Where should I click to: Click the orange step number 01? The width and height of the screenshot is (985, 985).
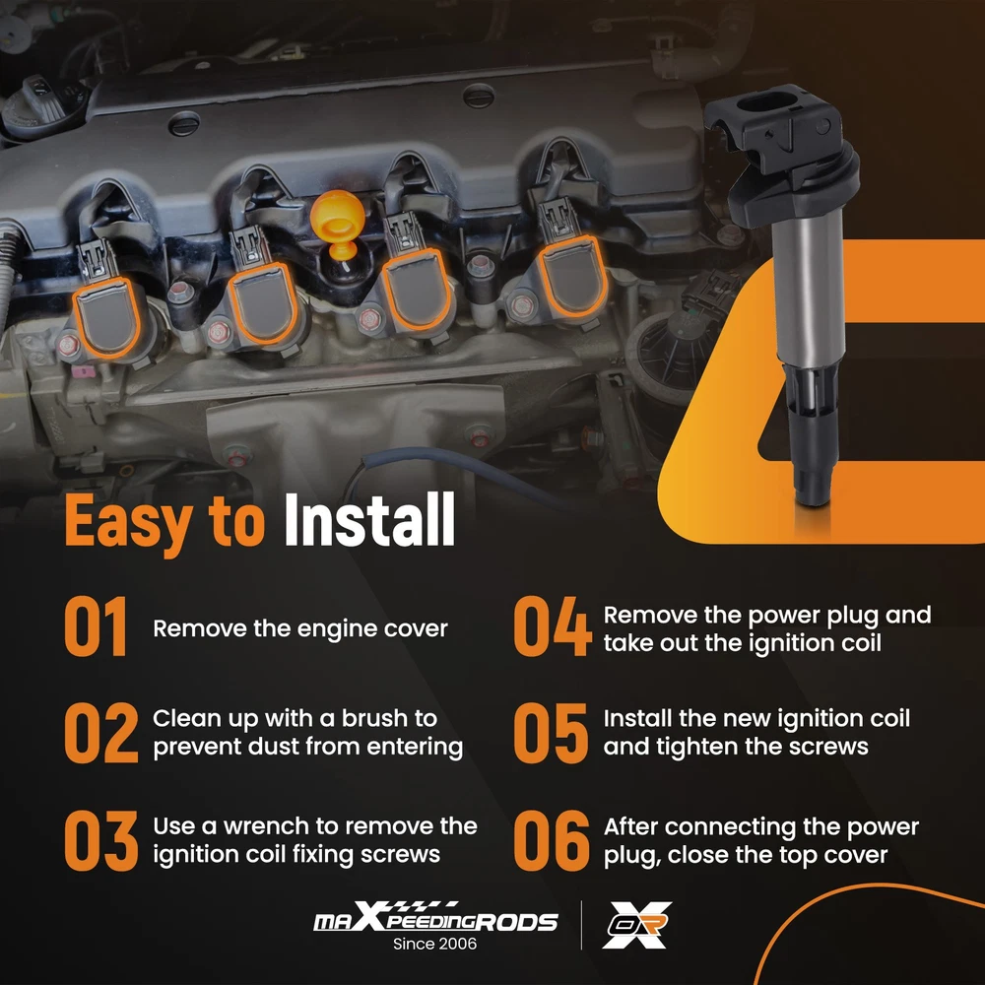tap(97, 626)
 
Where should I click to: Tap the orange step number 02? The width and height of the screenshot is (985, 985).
tap(101, 733)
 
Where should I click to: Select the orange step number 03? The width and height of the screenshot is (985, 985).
tap(101, 840)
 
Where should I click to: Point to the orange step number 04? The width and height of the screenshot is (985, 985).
tap(553, 626)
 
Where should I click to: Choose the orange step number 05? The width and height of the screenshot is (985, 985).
tap(551, 733)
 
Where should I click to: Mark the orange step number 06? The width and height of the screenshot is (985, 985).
tap(552, 840)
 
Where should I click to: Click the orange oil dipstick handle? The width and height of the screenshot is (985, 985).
tap(338, 223)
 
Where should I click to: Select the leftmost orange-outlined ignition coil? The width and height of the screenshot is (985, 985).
tap(105, 317)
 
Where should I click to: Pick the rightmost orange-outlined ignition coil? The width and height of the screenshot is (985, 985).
tap(571, 277)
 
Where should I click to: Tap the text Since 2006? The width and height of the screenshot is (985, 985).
tap(434, 944)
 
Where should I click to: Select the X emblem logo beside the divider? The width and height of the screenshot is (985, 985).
tap(637, 925)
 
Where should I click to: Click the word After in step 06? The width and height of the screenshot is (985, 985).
tap(630, 826)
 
